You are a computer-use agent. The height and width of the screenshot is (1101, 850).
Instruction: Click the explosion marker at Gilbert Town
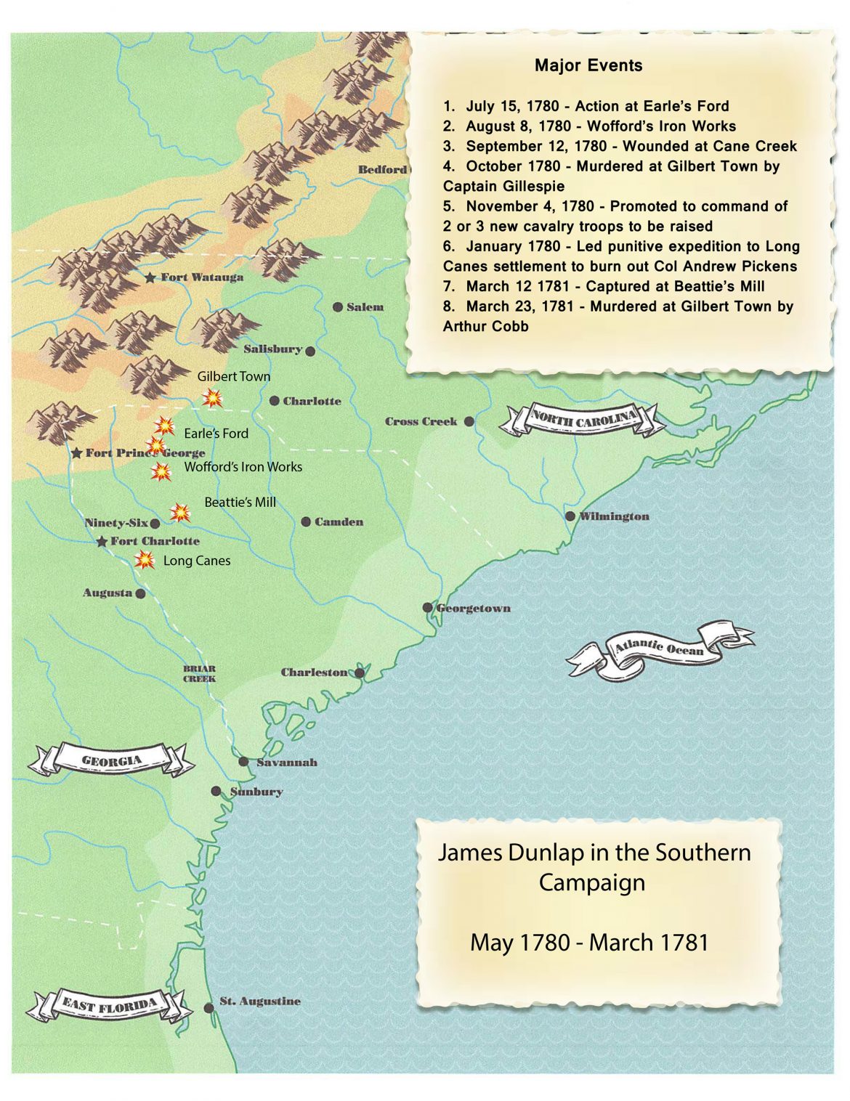tap(212, 397)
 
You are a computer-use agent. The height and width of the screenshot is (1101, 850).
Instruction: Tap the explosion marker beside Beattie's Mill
tap(180, 513)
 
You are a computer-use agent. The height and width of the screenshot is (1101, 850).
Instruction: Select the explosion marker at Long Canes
tap(145, 560)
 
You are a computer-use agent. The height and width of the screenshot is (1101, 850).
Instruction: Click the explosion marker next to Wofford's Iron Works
tap(161, 471)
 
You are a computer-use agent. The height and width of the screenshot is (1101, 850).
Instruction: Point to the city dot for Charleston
tap(359, 673)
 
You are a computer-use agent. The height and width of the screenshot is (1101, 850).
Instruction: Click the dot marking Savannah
tap(243, 762)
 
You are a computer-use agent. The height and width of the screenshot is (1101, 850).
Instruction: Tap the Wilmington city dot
tap(570, 516)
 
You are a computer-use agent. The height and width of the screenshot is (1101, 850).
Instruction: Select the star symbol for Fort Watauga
tap(150, 277)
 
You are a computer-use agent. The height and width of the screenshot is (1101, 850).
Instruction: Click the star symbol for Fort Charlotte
tap(102, 542)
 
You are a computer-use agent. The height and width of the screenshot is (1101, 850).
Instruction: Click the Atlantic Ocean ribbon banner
tap(659, 649)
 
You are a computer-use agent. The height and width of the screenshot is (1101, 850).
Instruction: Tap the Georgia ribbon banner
tap(111, 760)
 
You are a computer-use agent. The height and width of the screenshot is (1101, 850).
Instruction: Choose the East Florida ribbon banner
tap(109, 1006)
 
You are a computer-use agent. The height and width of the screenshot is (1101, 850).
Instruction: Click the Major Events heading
tap(588, 65)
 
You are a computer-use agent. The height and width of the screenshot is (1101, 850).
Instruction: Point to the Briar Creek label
tap(199, 674)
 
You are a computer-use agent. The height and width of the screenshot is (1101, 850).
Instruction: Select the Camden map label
tap(338, 521)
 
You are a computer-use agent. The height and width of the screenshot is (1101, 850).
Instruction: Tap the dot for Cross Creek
tap(469, 421)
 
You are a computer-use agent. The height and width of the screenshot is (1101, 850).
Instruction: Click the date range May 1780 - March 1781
tap(588, 942)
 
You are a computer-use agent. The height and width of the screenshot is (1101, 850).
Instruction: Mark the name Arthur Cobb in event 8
tap(485, 326)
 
